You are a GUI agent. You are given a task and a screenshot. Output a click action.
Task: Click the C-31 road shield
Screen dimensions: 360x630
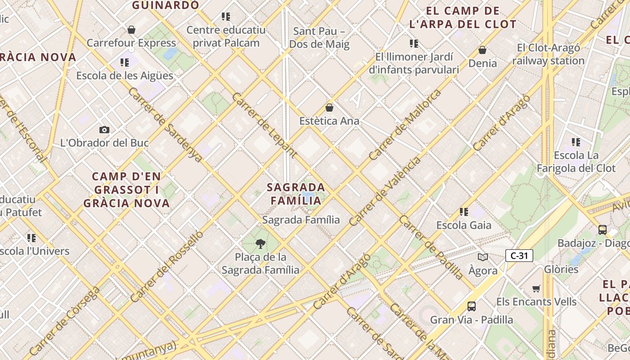(519, 256)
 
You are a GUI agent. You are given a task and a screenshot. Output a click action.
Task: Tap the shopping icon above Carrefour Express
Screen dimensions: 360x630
(131, 30)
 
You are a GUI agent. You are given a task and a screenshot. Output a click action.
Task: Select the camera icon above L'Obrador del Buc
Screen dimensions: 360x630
(104, 130)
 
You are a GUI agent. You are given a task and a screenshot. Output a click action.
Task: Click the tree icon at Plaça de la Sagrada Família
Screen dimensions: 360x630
(260, 244)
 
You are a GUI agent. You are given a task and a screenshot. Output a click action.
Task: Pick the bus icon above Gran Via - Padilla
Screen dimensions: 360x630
(471, 306)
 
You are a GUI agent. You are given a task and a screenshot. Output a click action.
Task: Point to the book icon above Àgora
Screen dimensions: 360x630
(483, 257)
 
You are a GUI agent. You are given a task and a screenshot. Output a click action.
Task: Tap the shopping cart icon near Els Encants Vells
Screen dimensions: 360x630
(536, 288)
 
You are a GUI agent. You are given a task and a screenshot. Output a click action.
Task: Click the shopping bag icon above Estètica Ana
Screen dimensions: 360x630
(329, 108)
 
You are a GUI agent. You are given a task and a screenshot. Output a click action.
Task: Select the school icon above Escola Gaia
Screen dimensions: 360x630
(464, 211)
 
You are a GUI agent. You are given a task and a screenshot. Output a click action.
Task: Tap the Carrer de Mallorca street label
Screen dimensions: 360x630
(405, 125)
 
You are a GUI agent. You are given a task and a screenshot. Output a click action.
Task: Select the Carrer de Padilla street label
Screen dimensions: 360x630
(431, 247)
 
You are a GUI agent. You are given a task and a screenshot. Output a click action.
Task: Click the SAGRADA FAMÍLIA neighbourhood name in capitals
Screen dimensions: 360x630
(296, 194)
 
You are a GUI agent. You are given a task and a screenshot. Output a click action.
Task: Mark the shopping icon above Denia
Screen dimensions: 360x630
(482, 50)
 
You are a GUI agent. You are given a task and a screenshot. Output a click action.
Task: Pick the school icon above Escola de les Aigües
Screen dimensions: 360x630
(125, 63)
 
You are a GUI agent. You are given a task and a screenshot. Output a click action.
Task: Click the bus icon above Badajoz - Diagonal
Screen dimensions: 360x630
(602, 230)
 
